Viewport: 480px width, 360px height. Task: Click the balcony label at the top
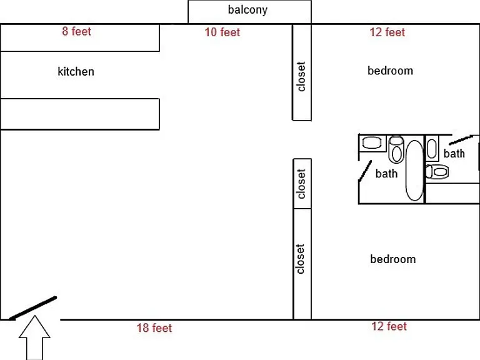pos(247,10)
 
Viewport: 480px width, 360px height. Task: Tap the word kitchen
pos(76,72)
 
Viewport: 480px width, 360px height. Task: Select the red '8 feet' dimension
pos(76,31)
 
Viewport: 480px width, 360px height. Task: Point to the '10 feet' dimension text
pos(222,32)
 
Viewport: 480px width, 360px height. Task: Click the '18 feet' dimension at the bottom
pos(154,328)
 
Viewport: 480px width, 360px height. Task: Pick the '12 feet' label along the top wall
pos(387,32)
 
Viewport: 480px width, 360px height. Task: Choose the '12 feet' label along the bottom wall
pos(389,326)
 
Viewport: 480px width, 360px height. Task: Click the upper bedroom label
pos(390,71)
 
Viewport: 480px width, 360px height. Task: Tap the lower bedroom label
pos(393,259)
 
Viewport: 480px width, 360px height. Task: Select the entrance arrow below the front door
pos(34,337)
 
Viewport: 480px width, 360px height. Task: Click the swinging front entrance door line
pos(32,308)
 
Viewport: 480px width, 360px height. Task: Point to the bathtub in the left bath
pos(414,170)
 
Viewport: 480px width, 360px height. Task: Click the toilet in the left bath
pos(396,149)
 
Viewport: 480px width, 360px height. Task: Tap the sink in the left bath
pos(372,142)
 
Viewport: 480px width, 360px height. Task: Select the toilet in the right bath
pos(437,172)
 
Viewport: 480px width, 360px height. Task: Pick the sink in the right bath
pos(432,149)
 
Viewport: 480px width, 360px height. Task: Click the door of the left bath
pos(365,171)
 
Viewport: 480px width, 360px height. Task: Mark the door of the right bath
pos(461,140)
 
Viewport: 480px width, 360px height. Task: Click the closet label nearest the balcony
pos(301,76)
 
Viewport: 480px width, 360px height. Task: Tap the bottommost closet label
pos(300,259)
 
